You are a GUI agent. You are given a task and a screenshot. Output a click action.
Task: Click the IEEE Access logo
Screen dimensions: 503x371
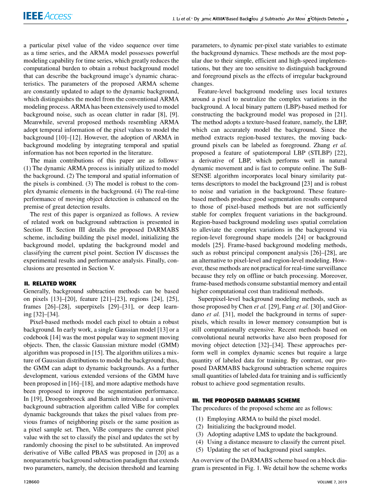click(48, 16)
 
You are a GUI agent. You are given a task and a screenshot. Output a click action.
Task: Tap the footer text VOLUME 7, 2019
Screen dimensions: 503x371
click(332, 482)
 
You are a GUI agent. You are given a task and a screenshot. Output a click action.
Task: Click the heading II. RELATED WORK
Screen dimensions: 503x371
click(50, 284)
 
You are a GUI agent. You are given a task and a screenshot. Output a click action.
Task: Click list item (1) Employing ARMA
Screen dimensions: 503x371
click(258, 419)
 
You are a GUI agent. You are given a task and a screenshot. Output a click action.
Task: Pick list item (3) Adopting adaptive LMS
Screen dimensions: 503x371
click(266, 434)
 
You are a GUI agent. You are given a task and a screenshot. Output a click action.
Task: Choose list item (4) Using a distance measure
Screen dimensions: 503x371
click(270, 442)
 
